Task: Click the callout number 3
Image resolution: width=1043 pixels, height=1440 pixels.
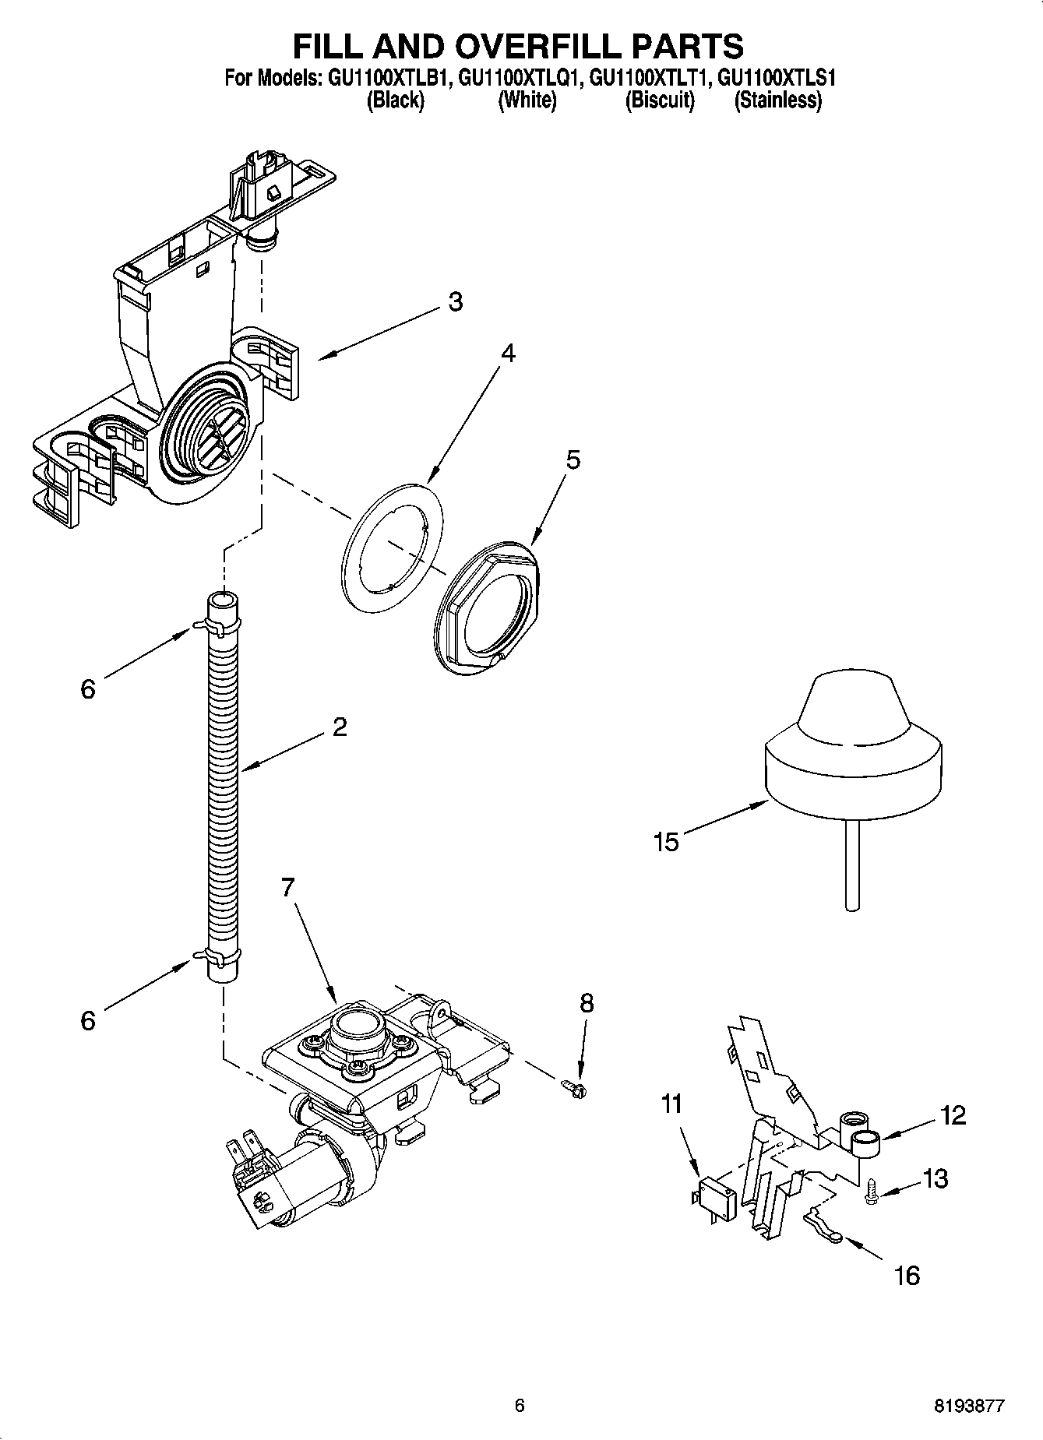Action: tap(455, 302)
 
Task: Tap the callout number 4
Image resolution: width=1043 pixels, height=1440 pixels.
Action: tap(507, 354)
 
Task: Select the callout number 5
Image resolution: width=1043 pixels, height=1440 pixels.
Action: tap(573, 460)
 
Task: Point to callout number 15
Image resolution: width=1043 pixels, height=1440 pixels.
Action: tap(667, 842)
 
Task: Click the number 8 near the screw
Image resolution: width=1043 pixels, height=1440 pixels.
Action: tap(587, 1003)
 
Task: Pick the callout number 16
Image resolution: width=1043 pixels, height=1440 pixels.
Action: tap(907, 1275)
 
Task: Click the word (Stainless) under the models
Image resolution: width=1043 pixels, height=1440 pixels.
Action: tap(777, 100)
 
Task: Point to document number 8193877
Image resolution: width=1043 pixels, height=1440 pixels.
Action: tap(969, 1407)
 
